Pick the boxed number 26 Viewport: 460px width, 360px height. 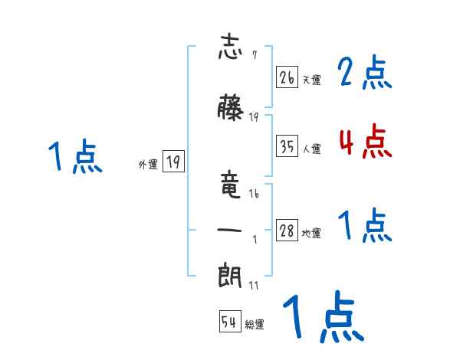(x=287, y=77)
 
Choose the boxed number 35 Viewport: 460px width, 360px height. (x=287, y=146)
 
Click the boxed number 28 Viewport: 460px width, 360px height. (x=287, y=231)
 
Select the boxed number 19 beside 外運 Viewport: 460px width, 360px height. (x=173, y=162)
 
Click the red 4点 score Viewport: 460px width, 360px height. (x=365, y=142)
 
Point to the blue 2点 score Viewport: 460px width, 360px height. (x=365, y=74)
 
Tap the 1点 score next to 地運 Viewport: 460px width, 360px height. (x=365, y=226)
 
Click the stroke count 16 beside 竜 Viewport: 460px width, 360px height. (x=254, y=195)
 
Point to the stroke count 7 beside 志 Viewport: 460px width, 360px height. (x=254, y=55)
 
